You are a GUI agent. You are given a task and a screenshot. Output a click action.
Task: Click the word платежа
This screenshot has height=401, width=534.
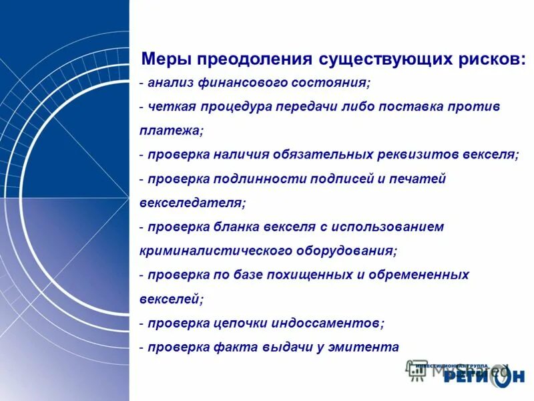(x=169, y=131)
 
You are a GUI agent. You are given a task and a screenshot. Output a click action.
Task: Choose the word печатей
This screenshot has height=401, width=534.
(x=418, y=179)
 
